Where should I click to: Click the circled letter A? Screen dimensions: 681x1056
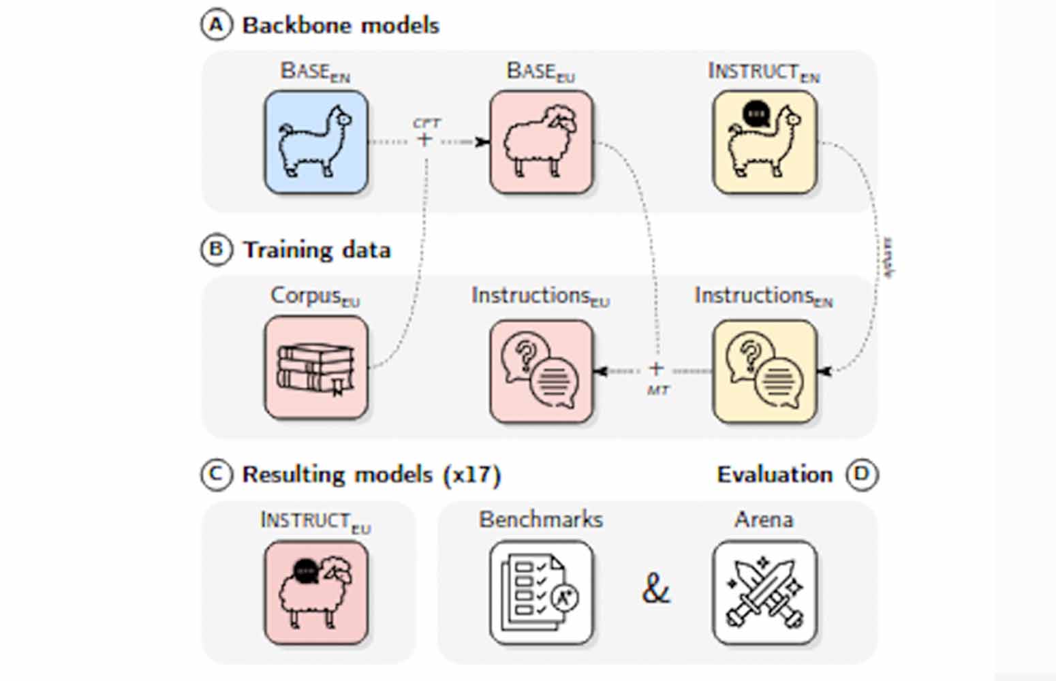coord(215,25)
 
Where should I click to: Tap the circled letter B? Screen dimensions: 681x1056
coord(215,249)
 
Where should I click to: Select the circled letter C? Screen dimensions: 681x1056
coord(215,474)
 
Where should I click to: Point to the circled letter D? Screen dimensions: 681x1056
coord(862,474)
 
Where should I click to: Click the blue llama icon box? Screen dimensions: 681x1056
coord(316,142)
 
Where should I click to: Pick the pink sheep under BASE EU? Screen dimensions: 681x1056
coord(542,142)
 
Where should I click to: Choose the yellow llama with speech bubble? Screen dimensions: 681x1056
coord(764,142)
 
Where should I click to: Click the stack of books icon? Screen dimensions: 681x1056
coord(316,367)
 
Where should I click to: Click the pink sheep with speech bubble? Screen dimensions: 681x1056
coord(316,592)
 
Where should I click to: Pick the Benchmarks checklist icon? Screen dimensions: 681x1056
coord(542,592)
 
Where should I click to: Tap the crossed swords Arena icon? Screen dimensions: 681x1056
coord(764,592)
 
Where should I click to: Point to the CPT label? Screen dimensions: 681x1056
coord(426,123)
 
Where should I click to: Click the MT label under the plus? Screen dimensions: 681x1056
coord(657,391)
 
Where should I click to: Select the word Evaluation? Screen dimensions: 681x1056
coord(775,475)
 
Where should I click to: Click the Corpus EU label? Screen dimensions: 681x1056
coord(315,296)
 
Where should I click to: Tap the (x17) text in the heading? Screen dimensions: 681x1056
coord(472,475)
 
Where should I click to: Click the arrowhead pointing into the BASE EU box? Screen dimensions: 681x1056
coord(483,142)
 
